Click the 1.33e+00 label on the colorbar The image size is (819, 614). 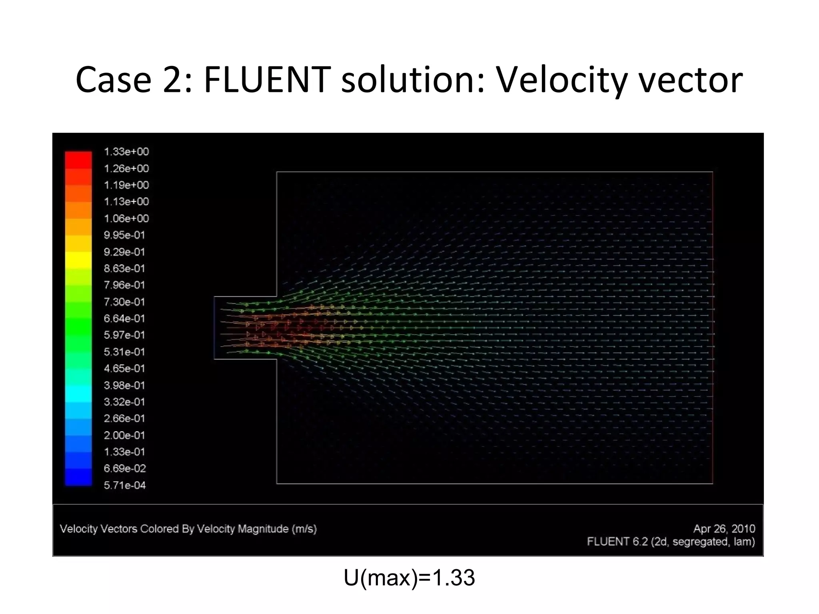click(126, 152)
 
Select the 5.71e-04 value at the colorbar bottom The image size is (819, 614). click(125, 485)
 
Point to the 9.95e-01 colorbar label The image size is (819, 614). click(124, 235)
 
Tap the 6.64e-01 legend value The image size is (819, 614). click(124, 319)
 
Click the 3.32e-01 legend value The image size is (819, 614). click(124, 402)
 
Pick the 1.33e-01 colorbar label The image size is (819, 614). click(124, 452)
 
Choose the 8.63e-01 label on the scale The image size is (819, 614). click(124, 269)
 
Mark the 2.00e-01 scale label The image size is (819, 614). click(124, 435)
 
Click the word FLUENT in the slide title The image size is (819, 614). click(267, 80)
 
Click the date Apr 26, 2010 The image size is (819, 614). click(724, 529)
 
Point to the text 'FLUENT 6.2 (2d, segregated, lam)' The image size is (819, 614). click(671, 542)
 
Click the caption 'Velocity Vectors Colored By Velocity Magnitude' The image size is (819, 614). click(188, 529)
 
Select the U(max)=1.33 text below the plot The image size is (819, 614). click(409, 578)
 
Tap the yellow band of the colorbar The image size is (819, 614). click(78, 260)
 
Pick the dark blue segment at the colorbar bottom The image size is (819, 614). click(78, 477)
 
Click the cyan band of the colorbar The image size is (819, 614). click(78, 393)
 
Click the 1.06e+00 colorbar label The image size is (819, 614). click(126, 219)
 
